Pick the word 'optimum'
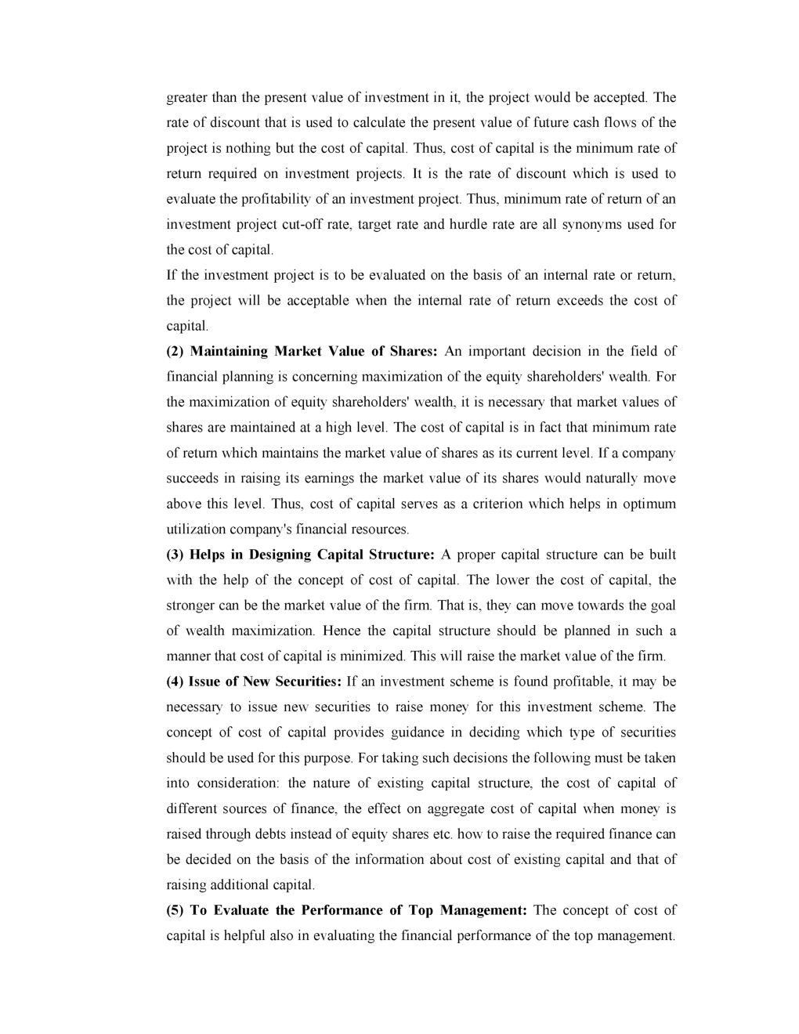(x=649, y=504)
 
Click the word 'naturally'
(x=615, y=479)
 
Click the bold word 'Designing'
(x=280, y=555)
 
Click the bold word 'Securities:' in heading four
(x=305, y=681)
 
